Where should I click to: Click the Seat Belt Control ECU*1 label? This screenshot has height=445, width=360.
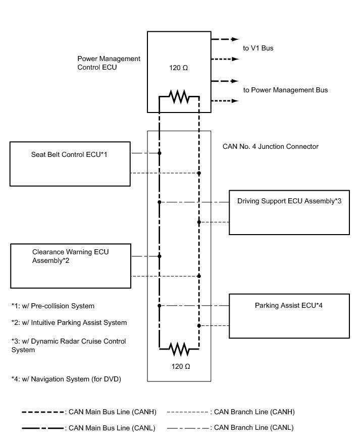click(x=69, y=154)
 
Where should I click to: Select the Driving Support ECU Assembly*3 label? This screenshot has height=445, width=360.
click(x=289, y=201)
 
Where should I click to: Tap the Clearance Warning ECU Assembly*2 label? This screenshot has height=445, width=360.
click(x=70, y=256)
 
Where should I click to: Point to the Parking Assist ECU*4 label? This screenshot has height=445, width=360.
click(x=288, y=305)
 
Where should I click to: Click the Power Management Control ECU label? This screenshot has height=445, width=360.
click(x=109, y=63)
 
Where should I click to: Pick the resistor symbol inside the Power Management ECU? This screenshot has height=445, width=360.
click(x=179, y=97)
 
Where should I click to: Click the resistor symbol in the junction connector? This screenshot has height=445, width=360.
click(x=179, y=349)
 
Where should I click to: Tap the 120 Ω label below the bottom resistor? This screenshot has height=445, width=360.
click(x=181, y=366)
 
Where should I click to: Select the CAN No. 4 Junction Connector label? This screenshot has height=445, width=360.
click(x=270, y=146)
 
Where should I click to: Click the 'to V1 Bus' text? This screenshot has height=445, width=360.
click(x=258, y=48)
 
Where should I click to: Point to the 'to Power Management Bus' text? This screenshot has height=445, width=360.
click(x=285, y=90)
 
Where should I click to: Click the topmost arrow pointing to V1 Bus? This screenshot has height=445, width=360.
click(x=225, y=39)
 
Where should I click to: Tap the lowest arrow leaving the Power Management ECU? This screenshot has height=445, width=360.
click(x=225, y=101)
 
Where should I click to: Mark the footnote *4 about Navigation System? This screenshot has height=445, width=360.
click(x=66, y=379)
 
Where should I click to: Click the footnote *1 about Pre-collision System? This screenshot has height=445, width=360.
click(x=53, y=306)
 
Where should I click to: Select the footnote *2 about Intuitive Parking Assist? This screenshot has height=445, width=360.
click(x=69, y=323)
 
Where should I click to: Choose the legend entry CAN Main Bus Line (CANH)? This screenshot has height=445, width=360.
click(x=89, y=412)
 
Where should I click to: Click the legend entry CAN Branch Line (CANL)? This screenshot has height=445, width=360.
click(x=230, y=427)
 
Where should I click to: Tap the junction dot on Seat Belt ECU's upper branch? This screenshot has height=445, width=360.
click(x=160, y=153)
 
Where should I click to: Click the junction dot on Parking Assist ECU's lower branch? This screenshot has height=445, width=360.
click(x=199, y=325)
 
